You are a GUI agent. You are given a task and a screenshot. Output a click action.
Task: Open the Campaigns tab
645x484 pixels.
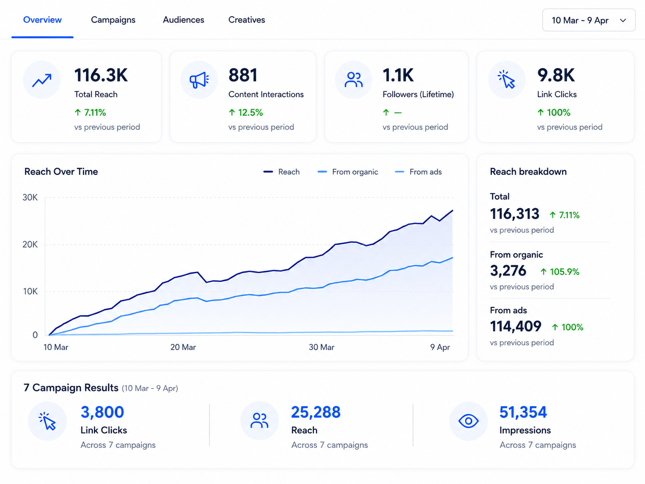pos(113,20)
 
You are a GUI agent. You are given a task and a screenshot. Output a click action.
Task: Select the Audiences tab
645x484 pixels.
pos(184,20)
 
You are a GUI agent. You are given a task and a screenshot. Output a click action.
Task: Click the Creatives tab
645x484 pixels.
pos(246,20)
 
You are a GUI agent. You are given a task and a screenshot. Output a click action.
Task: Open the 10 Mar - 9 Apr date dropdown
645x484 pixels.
pos(588,20)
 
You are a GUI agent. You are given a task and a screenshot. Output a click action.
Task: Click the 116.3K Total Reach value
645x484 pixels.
pos(101,75)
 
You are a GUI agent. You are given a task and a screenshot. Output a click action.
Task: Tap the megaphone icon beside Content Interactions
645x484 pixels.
pos(199,80)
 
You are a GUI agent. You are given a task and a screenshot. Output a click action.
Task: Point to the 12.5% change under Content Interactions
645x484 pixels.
pos(246,112)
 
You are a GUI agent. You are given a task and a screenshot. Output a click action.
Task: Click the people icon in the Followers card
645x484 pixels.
pos(354,80)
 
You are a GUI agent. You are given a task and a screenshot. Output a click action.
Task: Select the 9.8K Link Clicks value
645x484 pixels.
pos(555,75)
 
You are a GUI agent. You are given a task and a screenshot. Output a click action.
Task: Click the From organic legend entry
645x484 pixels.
pos(348,172)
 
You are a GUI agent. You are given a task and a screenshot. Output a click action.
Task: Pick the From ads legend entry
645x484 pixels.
pos(418,172)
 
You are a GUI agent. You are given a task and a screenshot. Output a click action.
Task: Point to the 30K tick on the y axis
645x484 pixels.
pos(30,197)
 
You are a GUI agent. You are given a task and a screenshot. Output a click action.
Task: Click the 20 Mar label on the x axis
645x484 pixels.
pos(183,347)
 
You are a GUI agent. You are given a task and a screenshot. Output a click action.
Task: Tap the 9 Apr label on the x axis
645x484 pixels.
pos(440,347)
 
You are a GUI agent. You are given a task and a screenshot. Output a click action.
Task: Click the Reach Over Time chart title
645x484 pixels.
pos(61,172)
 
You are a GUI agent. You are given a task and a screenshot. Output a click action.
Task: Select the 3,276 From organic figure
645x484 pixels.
pos(508,271)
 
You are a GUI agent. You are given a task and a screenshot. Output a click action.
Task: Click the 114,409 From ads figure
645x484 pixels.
pos(515,326)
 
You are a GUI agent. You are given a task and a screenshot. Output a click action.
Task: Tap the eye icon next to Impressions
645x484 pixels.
pos(469,421)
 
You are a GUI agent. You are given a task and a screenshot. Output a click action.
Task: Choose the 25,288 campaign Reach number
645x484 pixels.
pos(316,412)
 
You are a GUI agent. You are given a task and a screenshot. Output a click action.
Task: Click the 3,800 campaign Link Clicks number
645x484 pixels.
pos(102,412)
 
